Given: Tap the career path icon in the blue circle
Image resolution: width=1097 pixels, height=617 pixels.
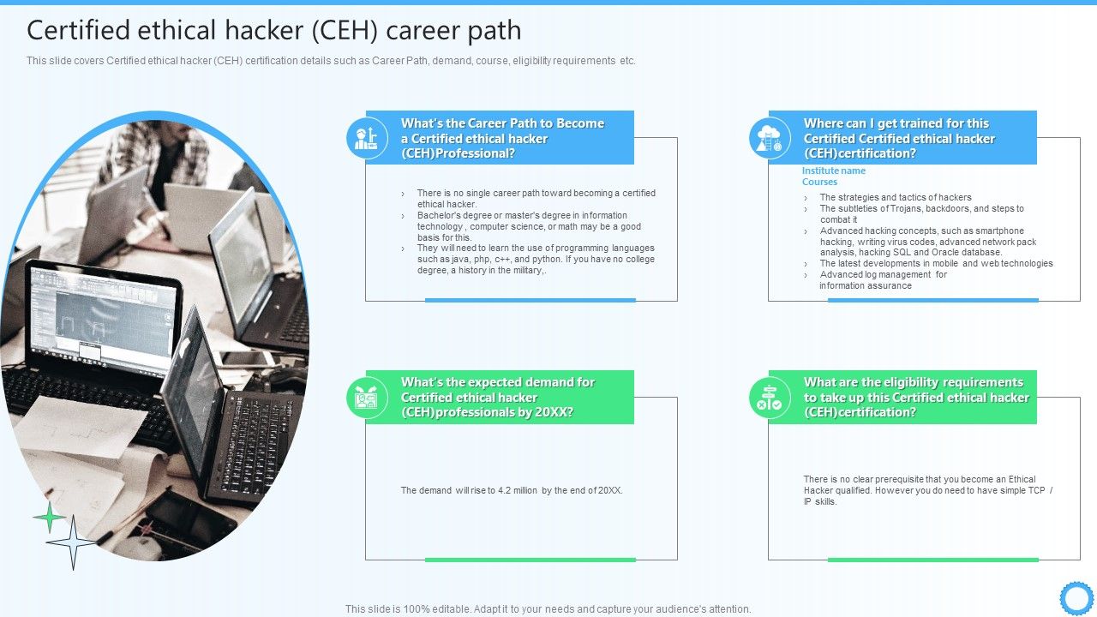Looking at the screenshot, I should [x=368, y=138].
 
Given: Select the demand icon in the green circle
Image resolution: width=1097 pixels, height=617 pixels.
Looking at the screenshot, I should [x=368, y=398].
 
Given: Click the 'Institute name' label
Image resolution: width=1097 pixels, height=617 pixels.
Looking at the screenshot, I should [x=833, y=171].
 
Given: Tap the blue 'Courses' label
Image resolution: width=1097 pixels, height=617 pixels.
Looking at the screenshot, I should [x=819, y=182].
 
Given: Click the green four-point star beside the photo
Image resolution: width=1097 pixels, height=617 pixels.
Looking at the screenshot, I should [x=50, y=517].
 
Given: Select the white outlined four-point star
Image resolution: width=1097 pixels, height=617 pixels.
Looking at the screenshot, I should [x=73, y=542].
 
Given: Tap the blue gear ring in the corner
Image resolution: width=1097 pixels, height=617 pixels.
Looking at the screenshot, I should [x=1076, y=597].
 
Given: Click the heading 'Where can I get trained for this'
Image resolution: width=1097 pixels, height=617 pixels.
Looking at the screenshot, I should [x=896, y=123].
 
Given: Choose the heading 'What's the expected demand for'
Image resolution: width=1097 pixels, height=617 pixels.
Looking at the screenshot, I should [x=497, y=383].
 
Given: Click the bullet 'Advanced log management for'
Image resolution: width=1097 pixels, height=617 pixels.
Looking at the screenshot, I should [x=883, y=275].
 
